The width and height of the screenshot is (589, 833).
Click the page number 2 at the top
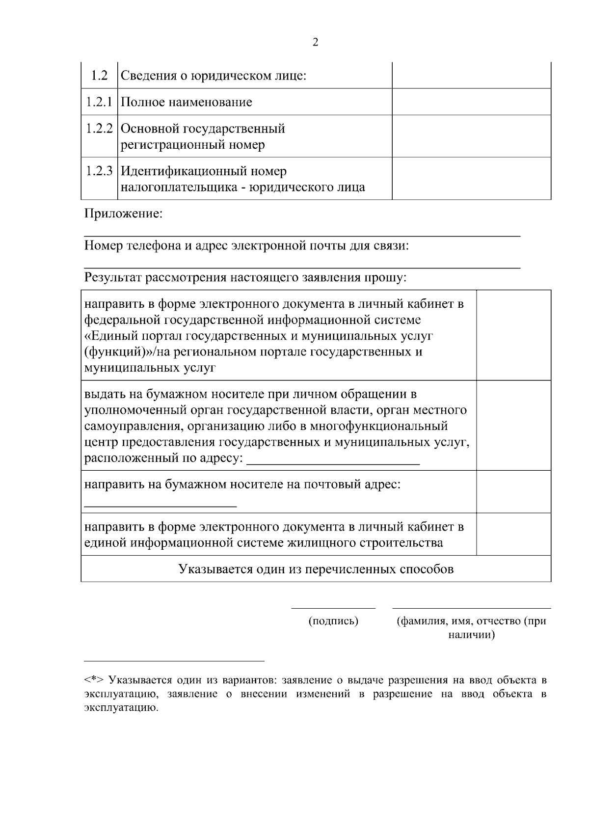point(315,42)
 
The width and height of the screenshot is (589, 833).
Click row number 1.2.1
point(99,102)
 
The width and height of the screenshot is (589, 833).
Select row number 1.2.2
point(99,129)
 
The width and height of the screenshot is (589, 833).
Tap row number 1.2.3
point(99,171)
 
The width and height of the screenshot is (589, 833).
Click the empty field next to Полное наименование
point(471,102)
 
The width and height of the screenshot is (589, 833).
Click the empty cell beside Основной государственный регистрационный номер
point(471,136)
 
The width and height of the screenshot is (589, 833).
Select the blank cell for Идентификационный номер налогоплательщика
point(471,179)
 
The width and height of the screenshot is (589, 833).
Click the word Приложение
point(123,214)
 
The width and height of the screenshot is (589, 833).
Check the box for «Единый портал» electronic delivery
point(513,335)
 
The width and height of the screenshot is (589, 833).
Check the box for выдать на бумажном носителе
point(513,425)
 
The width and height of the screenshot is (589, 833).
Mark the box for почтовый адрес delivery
point(513,492)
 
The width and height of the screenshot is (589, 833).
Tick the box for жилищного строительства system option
point(513,534)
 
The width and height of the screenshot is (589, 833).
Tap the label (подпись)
point(333,621)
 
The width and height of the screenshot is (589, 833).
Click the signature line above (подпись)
point(333,608)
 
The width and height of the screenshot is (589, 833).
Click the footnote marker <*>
point(93,680)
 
